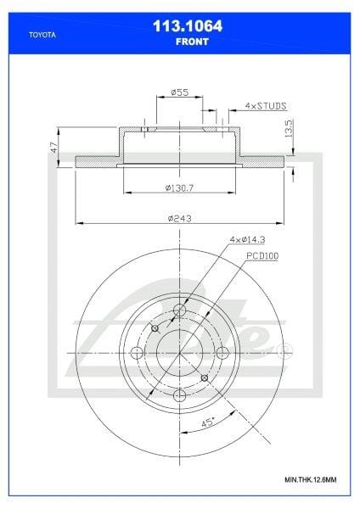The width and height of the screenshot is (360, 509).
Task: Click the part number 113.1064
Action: point(180,26)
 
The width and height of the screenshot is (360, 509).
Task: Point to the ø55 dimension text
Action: point(179,92)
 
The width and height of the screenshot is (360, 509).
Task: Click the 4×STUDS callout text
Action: point(264,106)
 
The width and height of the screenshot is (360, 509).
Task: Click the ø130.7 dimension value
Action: point(179,187)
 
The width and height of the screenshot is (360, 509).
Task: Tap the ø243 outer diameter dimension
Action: point(179,217)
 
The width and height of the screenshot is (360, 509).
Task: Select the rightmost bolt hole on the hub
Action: point(222,352)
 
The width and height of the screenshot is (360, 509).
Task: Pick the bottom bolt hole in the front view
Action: point(179,395)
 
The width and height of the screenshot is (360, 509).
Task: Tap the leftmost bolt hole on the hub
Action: point(136,352)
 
